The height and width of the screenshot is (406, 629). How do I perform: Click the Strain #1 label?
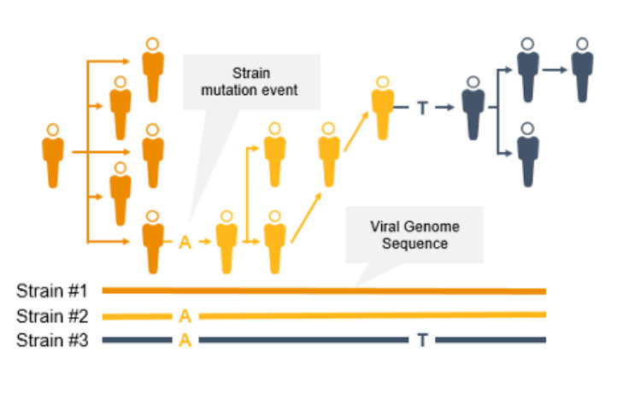click(51, 291)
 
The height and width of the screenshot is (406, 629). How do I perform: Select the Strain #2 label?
click(51, 315)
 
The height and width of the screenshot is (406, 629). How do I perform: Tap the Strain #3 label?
click(51, 340)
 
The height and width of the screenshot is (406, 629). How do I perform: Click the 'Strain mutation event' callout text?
click(252, 81)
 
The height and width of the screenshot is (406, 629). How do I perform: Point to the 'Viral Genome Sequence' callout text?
click(414, 235)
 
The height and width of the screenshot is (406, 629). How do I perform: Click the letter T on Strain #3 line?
click(422, 340)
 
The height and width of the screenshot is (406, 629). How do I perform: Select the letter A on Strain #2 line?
click(184, 315)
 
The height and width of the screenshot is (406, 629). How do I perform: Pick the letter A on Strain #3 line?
click(184, 340)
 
